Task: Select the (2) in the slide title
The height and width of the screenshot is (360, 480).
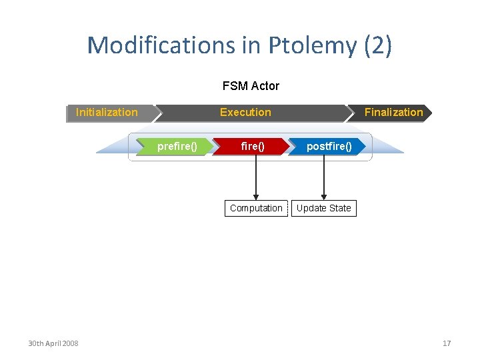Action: [x=378, y=45]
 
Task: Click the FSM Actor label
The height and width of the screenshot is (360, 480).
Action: [x=251, y=86]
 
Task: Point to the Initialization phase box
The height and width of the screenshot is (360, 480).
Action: [x=107, y=113]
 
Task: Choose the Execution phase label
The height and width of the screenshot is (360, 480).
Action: [x=245, y=113]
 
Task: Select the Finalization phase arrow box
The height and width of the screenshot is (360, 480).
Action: [x=393, y=113]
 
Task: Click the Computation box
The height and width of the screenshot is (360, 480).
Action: [x=256, y=209]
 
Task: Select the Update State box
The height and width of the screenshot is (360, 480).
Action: [x=323, y=209]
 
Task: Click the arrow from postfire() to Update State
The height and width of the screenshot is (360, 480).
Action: [x=323, y=177]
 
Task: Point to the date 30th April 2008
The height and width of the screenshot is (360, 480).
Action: [x=53, y=343]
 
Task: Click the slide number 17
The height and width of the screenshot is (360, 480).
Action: [x=447, y=343]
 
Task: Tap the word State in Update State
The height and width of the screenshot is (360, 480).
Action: [x=339, y=209]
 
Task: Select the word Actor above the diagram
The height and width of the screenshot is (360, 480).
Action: [x=265, y=86]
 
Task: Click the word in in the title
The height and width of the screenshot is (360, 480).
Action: [x=255, y=45]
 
